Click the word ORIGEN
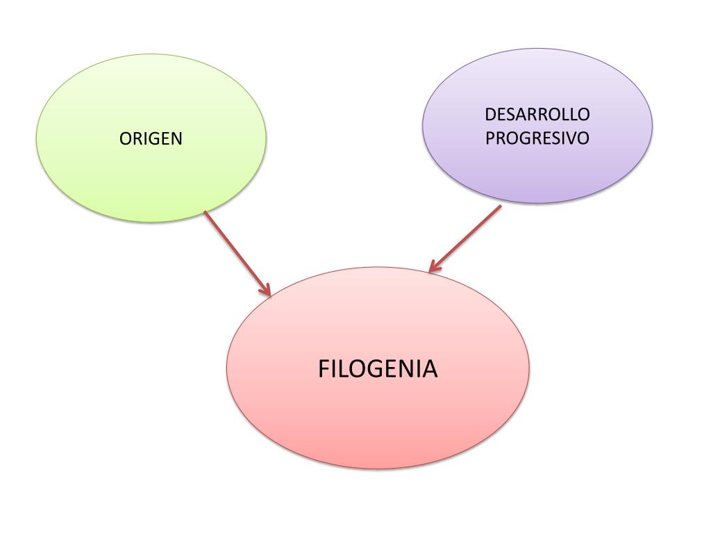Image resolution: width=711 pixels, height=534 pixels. pyautogui.click(x=151, y=138)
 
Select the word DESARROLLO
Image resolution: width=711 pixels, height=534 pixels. pyautogui.click(x=537, y=114)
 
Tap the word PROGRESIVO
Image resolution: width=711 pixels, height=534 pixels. pyautogui.click(x=537, y=138)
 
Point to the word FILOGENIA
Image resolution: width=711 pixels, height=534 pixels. pyautogui.click(x=378, y=369)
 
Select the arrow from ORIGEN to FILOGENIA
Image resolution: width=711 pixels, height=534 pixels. pyautogui.click(x=236, y=252)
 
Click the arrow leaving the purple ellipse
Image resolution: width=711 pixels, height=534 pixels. pyautogui.click(x=465, y=238)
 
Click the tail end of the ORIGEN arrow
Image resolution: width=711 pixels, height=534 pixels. pyautogui.click(x=206, y=212)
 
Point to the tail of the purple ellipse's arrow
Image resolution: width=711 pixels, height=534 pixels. pyautogui.click(x=499, y=207)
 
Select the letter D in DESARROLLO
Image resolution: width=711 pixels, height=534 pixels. pyautogui.click(x=490, y=114)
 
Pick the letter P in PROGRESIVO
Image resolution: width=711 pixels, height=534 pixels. pyautogui.click(x=490, y=138)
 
